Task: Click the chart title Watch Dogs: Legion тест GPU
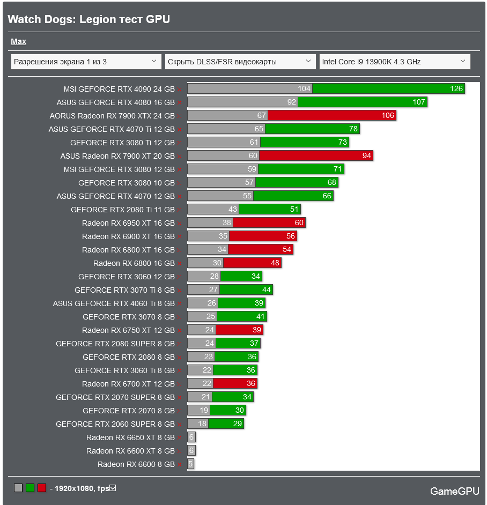click(x=88, y=19)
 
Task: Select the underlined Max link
click(x=18, y=41)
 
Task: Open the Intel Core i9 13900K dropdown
click(x=394, y=62)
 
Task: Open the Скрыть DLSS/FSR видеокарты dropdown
click(x=240, y=62)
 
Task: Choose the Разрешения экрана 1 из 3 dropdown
click(x=86, y=62)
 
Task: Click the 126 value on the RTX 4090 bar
click(x=456, y=89)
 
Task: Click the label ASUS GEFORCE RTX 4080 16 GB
click(x=115, y=102)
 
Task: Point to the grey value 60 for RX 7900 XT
click(x=253, y=156)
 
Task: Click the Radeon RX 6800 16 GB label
click(x=134, y=263)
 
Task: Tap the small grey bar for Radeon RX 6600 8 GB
click(x=190, y=464)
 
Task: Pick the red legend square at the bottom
click(x=42, y=488)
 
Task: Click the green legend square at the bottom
click(x=30, y=488)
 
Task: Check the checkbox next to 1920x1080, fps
click(x=113, y=488)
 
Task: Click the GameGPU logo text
click(x=454, y=491)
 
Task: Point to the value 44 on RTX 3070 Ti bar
click(x=267, y=290)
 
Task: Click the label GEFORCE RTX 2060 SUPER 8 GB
click(x=115, y=424)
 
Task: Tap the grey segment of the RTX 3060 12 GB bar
click(x=204, y=277)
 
